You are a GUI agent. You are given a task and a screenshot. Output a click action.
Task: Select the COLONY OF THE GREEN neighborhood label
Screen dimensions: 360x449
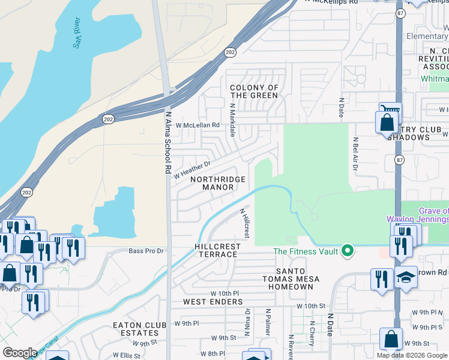[x=254, y=92]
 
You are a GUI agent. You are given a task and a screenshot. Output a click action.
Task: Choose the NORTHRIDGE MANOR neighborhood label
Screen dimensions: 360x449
[x=218, y=183]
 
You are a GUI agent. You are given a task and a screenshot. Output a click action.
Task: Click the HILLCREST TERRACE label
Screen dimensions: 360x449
[x=217, y=251]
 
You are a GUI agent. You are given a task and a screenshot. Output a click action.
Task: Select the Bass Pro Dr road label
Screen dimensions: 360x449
[x=146, y=251]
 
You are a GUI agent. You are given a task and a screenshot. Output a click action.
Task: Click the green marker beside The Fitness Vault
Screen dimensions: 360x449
[x=346, y=251]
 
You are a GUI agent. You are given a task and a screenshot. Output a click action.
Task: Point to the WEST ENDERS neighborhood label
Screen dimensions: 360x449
[x=212, y=301]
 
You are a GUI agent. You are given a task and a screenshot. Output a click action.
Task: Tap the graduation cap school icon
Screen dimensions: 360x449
[x=406, y=277]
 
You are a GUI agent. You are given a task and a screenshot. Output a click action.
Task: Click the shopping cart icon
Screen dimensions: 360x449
[x=390, y=112]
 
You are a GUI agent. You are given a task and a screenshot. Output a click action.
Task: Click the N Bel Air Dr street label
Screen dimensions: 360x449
[x=355, y=159]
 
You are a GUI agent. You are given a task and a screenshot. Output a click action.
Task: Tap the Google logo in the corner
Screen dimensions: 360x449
[x=20, y=353]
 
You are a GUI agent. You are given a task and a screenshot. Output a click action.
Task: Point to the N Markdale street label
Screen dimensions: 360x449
[x=232, y=119]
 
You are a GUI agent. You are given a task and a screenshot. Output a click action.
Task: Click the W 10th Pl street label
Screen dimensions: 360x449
[x=224, y=293]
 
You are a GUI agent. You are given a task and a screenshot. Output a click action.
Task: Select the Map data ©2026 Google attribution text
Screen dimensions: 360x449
[x=411, y=355]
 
